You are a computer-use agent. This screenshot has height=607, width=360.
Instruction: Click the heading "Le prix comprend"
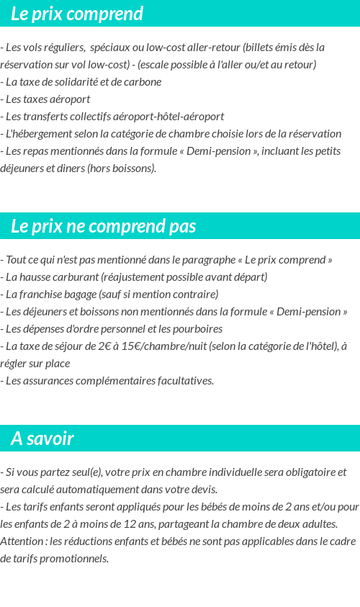[77, 14]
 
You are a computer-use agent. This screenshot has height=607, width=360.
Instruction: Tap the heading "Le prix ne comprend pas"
[103, 226]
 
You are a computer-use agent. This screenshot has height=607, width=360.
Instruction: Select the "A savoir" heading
[42, 439]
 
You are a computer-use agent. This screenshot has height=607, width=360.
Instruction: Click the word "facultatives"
[186, 380]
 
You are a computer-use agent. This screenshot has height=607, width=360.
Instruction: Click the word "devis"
[202, 489]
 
